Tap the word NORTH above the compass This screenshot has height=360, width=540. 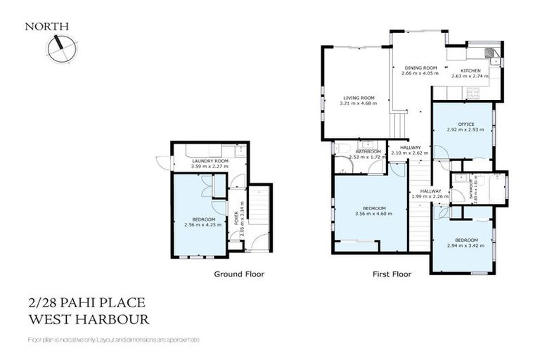(x=47, y=27)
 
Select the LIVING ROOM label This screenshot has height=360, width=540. (x=358, y=98)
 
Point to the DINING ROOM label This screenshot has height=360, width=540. (x=420, y=67)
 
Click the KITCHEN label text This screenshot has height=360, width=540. (x=470, y=71)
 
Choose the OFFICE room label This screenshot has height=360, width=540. (x=466, y=124)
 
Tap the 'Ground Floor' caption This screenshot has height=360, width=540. (x=239, y=274)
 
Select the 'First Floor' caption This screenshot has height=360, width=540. (x=392, y=274)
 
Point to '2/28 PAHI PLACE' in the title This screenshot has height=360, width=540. (x=86, y=303)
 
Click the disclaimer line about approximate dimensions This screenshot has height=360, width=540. (x=113, y=340)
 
